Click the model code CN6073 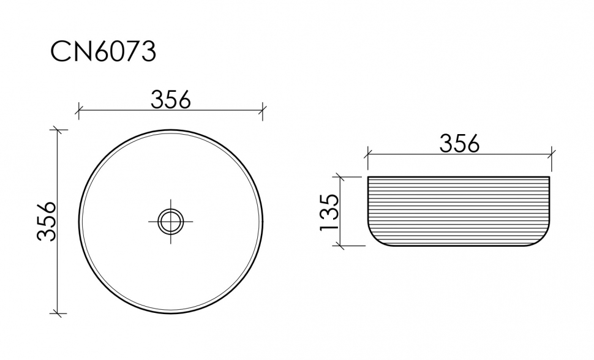[x=103, y=53]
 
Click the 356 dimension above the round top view [x=171, y=99]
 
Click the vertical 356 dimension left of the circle [x=48, y=221]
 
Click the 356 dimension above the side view [x=460, y=143]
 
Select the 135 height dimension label [x=329, y=212]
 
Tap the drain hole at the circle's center [x=171, y=221]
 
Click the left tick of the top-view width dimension [x=78, y=111]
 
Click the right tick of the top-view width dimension [x=263, y=111]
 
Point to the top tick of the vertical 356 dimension [x=58, y=129]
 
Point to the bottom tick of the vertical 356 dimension [x=58, y=313]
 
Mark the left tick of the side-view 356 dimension [x=367, y=154]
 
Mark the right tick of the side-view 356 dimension [x=552, y=154]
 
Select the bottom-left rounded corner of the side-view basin [x=374, y=239]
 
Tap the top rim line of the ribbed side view [x=459, y=177]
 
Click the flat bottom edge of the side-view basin [x=459, y=246]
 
